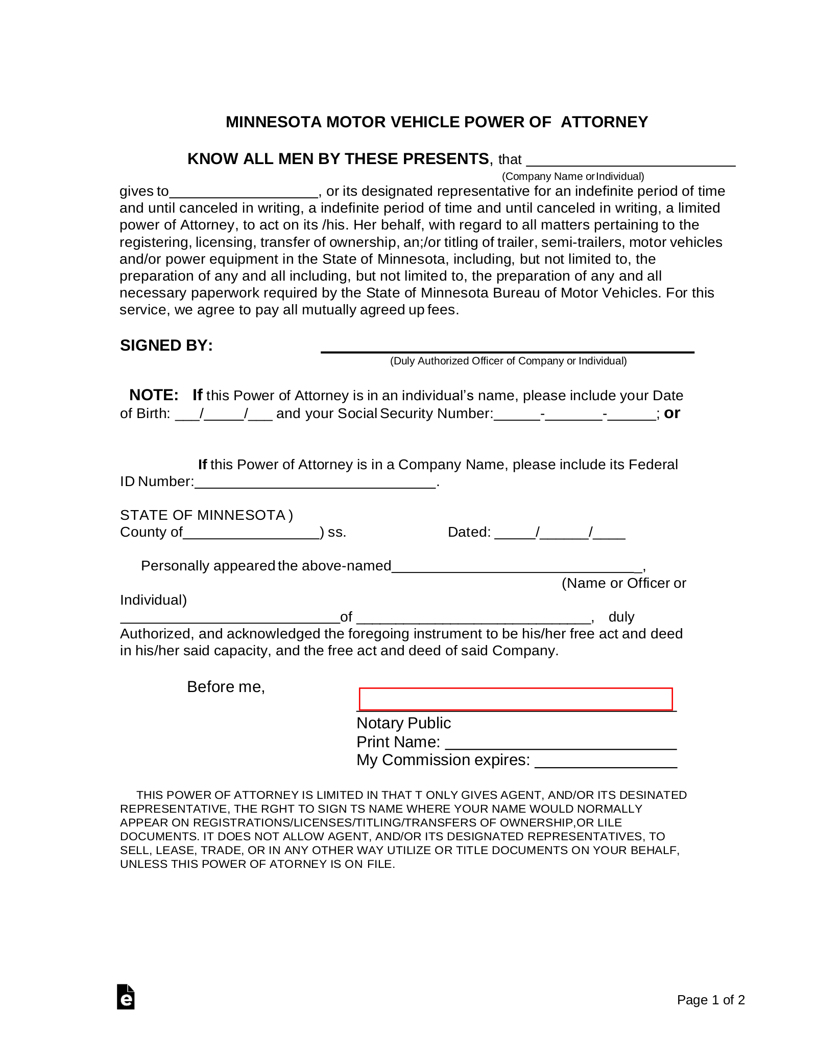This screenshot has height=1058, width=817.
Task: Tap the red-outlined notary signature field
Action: [x=516, y=699]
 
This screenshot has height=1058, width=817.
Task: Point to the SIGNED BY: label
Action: [x=166, y=346]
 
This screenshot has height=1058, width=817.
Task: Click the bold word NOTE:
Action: [x=154, y=395]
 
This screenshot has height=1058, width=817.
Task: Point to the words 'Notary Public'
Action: [x=403, y=723]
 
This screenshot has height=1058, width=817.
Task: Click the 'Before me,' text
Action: [x=226, y=687]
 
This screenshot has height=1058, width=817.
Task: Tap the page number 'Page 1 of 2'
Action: [x=711, y=1000]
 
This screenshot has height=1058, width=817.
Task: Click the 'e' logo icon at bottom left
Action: [x=126, y=997]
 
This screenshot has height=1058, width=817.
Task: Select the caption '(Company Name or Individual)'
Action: [x=572, y=176]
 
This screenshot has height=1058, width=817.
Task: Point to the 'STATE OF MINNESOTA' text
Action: [x=203, y=515]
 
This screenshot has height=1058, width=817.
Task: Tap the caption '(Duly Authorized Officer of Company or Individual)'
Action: [x=508, y=361]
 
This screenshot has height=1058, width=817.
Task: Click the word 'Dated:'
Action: [x=469, y=532]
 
